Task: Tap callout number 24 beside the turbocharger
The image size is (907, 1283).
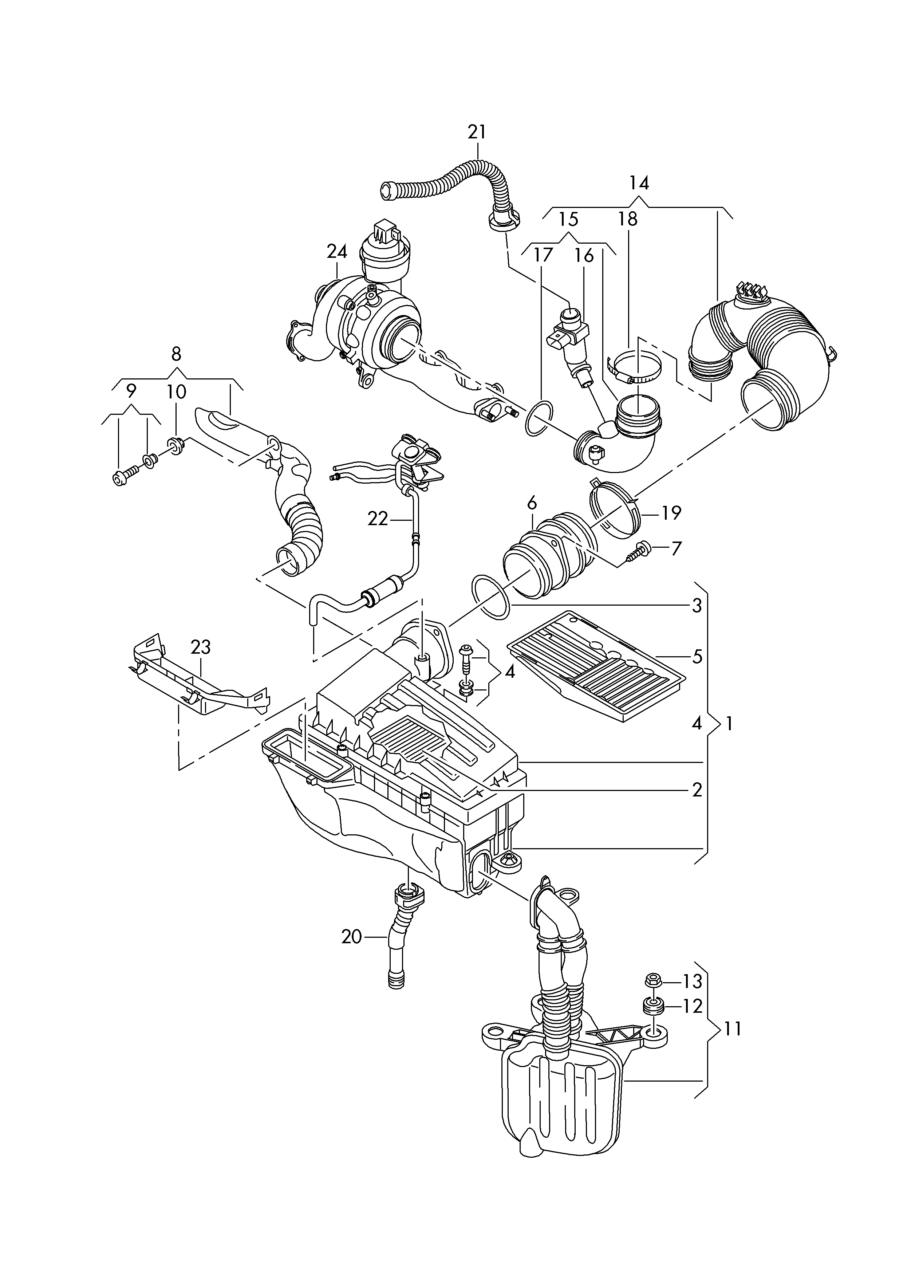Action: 337,252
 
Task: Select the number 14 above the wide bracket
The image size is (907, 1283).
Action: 639,183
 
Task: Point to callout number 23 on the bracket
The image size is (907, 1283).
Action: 201,647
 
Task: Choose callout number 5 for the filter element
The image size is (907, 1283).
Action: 697,657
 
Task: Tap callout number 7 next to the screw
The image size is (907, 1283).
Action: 676,549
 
